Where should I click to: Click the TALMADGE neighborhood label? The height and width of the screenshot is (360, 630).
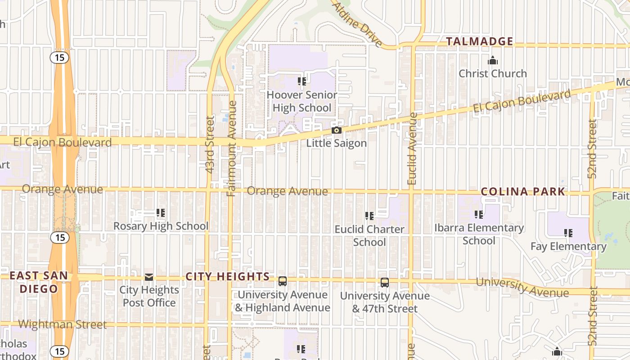[479, 41]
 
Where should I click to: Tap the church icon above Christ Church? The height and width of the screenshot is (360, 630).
[493, 60]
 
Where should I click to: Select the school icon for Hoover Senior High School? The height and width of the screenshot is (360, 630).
[302, 81]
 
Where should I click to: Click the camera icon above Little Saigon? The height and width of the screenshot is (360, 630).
[336, 130]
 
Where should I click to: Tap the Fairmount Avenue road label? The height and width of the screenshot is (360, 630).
[232, 148]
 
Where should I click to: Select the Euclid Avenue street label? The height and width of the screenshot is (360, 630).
[412, 148]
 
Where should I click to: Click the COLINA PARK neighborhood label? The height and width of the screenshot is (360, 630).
[523, 191]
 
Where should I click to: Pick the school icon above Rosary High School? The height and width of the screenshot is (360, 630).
[161, 212]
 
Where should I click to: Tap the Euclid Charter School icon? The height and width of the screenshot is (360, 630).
[369, 216]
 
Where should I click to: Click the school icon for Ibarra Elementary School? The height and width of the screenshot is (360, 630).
[479, 215]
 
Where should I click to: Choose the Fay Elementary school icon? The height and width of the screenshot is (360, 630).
[568, 233]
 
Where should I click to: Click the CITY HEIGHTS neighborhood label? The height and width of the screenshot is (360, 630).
[228, 277]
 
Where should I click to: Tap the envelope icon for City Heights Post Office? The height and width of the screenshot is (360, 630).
[149, 277]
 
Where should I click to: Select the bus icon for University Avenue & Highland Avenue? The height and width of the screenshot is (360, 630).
[283, 281]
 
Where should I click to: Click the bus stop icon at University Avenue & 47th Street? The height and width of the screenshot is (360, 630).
[385, 283]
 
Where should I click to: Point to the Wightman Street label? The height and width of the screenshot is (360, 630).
[63, 324]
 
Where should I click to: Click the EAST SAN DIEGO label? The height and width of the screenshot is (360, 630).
[39, 282]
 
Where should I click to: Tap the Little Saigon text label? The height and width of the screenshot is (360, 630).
[337, 143]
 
